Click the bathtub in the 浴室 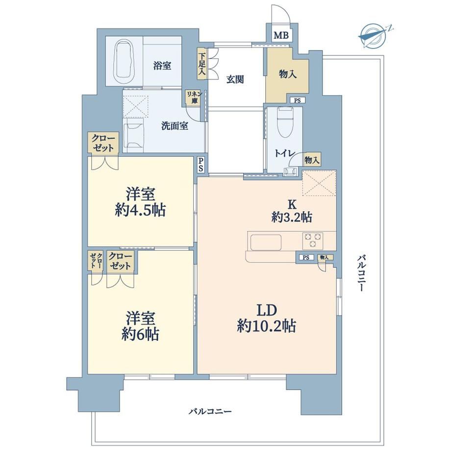pos(124,61)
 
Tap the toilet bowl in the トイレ pos(285,122)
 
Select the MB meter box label pos(281,35)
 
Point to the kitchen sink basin pos(266,242)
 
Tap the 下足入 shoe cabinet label pos(202,64)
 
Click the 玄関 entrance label pos(235,79)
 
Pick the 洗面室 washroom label pos(175,125)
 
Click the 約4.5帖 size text pos(140,211)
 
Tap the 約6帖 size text pos(140,334)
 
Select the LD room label pos(267,310)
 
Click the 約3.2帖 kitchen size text pos(292,218)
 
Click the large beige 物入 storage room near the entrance pos(287,75)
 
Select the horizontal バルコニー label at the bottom pos(210,412)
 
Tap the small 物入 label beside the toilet pos(312,160)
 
